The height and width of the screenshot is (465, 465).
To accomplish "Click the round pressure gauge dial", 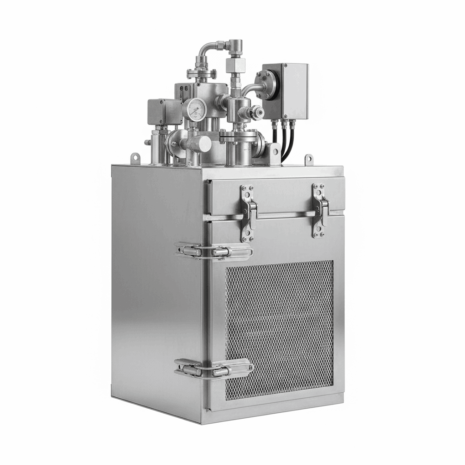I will click(194, 109).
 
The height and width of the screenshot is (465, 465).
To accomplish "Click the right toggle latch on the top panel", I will click(320, 210).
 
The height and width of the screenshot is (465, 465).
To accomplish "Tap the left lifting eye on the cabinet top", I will click(135, 158).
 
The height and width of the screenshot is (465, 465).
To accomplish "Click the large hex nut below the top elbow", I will click(236, 65).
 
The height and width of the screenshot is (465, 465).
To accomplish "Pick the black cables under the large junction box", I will click(282, 139).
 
